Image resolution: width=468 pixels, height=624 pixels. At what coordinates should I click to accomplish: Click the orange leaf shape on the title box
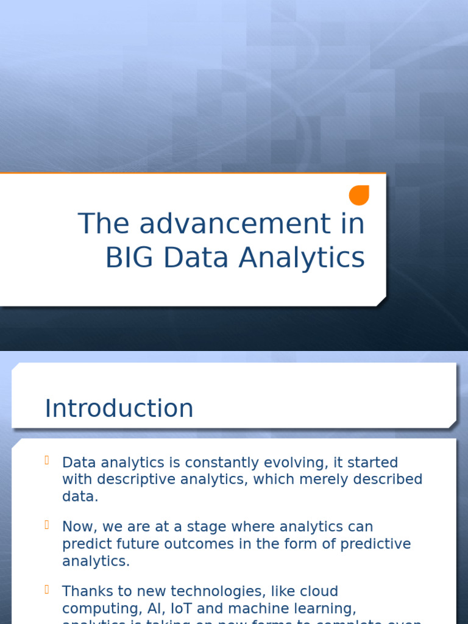[359, 195]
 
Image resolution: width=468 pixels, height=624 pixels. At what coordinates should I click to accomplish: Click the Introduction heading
[119, 408]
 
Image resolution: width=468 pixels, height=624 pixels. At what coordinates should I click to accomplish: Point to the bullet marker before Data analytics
[47, 460]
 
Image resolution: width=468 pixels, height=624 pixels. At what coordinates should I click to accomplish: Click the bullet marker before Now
[47, 525]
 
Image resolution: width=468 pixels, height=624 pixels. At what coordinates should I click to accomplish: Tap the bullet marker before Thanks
[47, 589]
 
